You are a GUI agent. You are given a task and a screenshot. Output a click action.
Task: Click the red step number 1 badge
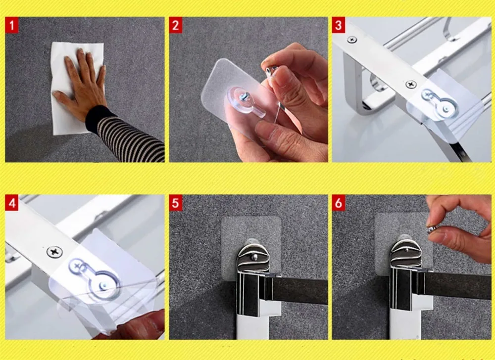click(x=12, y=25)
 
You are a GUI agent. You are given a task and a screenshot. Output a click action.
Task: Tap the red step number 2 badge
click(x=176, y=25)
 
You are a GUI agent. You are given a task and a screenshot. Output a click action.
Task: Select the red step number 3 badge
click(x=339, y=25)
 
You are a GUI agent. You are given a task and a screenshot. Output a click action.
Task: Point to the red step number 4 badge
click(x=12, y=203)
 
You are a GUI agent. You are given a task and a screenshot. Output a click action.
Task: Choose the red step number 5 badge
click(x=176, y=203)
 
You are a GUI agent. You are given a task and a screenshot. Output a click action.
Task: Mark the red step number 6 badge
click(x=339, y=203)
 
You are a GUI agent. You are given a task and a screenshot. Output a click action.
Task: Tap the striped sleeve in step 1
click(x=126, y=135)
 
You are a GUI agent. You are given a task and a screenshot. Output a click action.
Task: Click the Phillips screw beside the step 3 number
click(x=352, y=40)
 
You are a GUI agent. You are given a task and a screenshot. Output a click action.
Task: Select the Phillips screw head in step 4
click(x=54, y=252)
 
